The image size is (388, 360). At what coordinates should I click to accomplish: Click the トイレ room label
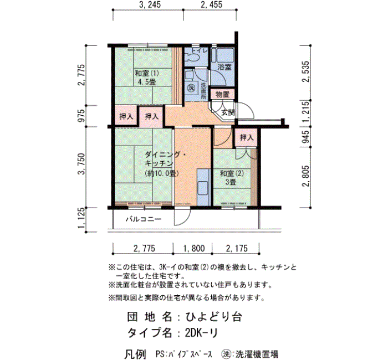tap(199, 51)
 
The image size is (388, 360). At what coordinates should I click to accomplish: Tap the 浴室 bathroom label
tap(224, 67)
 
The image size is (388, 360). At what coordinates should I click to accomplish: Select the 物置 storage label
tap(222, 95)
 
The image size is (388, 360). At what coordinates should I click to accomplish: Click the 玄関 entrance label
tap(228, 113)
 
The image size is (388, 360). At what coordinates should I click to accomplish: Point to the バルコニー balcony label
tap(144, 219)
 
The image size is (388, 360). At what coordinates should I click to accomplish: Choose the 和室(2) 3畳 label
tap(232, 178)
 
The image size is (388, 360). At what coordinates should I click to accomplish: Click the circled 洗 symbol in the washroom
tap(191, 88)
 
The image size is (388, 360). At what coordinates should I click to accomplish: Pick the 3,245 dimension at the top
tap(150, 4)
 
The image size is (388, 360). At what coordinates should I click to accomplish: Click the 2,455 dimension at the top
tap(211, 4)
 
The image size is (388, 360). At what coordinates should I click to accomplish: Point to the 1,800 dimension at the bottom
tap(194, 248)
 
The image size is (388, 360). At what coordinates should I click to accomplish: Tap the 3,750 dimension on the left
tap(81, 164)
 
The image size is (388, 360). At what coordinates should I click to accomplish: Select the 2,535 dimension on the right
tap(306, 71)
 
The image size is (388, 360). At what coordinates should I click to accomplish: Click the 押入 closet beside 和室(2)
tap(247, 137)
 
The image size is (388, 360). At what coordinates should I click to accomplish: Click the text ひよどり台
tap(213, 317)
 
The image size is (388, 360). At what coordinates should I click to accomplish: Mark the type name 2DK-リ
tap(201, 333)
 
